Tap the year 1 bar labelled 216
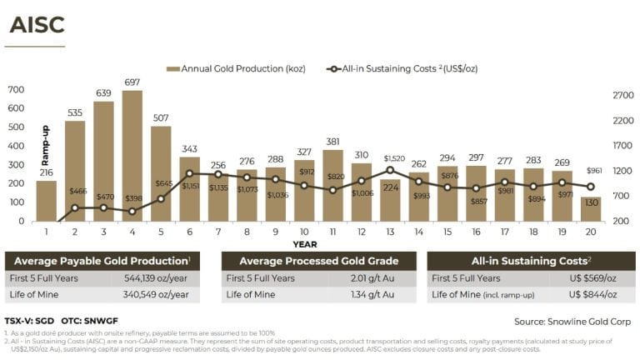click(x=47, y=201)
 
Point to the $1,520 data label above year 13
click(x=395, y=158)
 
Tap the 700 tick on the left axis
click(x=15, y=89)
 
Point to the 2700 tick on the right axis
click(x=624, y=96)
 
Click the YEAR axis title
click(x=304, y=244)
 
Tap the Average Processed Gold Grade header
click(x=319, y=260)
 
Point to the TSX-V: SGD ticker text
click(x=29, y=319)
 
